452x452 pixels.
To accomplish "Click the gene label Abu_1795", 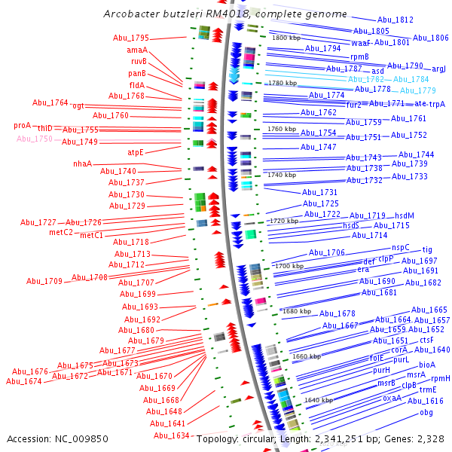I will pos(131,38).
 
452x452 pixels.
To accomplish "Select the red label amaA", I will pos(136,50).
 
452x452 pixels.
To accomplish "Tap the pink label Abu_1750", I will pos(35,139).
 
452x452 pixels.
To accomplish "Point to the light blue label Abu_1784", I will pos(411,79).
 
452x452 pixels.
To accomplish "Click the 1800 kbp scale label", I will pos(286,38).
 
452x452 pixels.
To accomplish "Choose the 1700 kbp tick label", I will pos(289,266).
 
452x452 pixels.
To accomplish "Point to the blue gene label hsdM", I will pos(405,215).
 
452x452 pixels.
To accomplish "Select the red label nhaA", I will pos(82,163).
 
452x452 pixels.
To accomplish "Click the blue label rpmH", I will pos(440,378).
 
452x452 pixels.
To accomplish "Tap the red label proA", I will pos(23,125).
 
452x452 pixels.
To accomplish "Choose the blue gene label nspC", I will pos(400,247).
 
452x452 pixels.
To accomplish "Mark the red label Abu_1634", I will pos(171,435).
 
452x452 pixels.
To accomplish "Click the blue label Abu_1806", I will pos(430,38).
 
